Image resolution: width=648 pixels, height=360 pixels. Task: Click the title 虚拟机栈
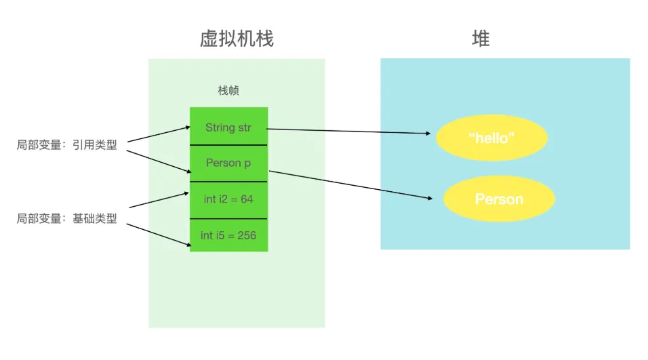coord(237,39)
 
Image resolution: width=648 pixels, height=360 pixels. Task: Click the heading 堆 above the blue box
coord(480,39)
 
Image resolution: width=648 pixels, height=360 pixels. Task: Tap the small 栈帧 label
coord(228,91)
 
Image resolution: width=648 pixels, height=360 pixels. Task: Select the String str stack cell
coord(228,127)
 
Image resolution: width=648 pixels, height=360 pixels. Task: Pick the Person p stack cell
coord(228,163)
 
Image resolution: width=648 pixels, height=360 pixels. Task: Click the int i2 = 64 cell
coord(228,199)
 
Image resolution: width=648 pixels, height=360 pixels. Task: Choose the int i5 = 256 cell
coord(228,235)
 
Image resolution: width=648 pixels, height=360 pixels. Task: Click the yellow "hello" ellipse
coord(491,138)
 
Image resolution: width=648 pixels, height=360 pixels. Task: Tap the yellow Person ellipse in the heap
coord(499,199)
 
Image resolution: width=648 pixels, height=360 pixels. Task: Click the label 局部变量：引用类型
coord(66,144)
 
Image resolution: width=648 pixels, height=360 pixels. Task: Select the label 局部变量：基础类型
coord(66,218)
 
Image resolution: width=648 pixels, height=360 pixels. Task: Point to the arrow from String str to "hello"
coord(349,131)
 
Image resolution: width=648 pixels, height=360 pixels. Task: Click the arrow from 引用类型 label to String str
coord(159,134)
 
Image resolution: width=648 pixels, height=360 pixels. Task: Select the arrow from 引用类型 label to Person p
coord(159,161)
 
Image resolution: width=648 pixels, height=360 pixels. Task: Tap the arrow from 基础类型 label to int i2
coord(159,200)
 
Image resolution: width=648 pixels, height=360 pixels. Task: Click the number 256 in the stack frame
coord(247,235)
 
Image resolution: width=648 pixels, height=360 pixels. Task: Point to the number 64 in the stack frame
coord(247,199)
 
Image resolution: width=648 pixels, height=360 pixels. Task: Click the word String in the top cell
coord(220,127)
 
